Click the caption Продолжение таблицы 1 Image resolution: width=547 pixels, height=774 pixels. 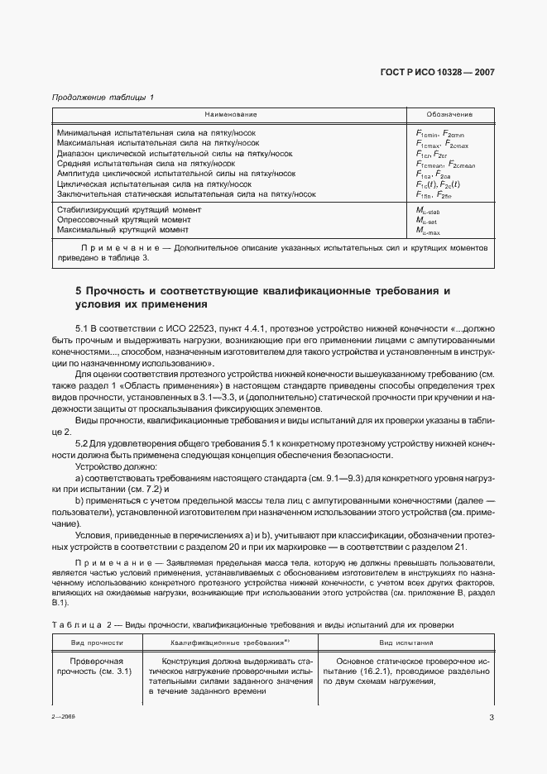[103, 98]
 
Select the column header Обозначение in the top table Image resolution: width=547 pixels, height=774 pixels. [449, 114]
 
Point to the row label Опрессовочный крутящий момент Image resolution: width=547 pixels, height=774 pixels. [118, 221]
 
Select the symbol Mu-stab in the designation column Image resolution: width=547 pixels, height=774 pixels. [431, 211]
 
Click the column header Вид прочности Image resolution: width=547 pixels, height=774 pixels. [98, 642]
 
